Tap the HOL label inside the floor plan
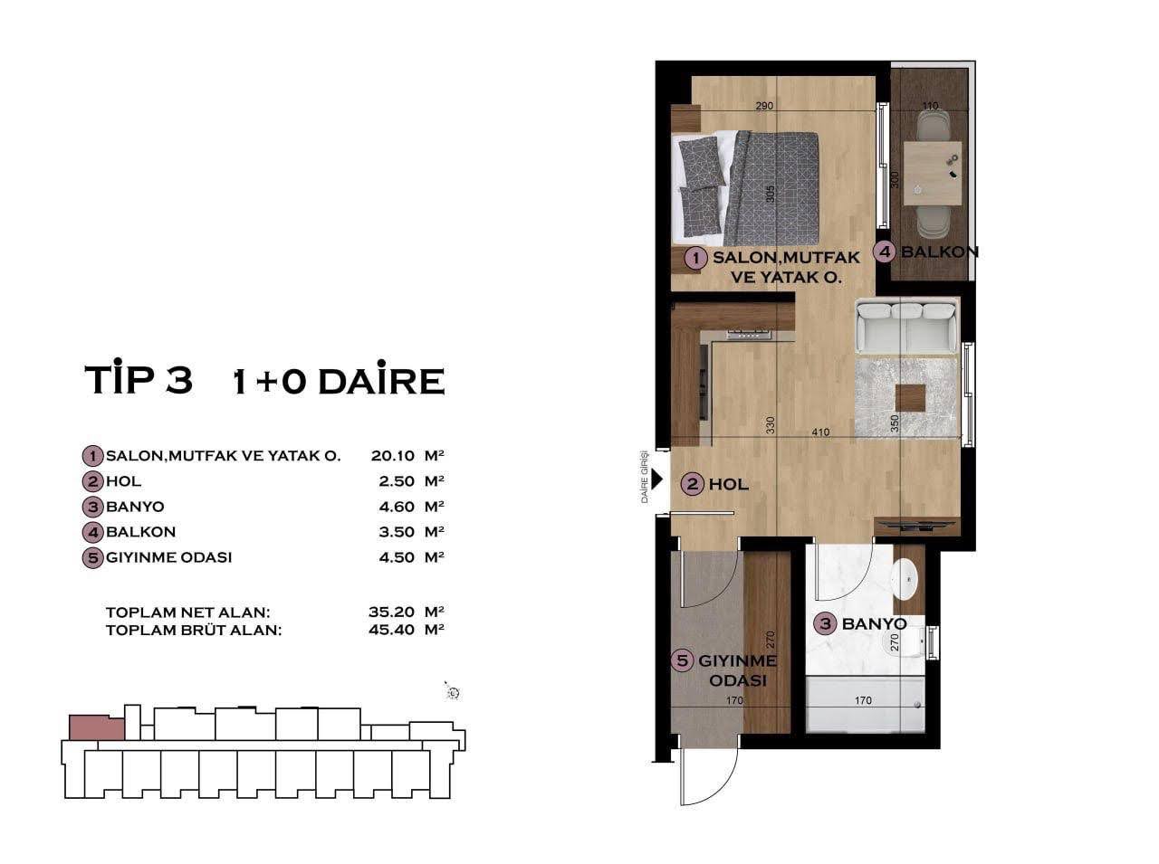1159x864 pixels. coord(728,484)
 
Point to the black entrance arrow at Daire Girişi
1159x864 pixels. coord(658,482)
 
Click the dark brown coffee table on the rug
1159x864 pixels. coord(910,398)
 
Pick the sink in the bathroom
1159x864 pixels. coord(905,574)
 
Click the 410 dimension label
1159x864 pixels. coord(820,432)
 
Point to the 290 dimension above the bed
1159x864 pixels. coord(765,107)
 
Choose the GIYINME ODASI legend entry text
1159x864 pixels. coord(168,557)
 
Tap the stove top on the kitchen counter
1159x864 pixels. coord(750,334)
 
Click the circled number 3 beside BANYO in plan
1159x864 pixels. coord(825,623)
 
